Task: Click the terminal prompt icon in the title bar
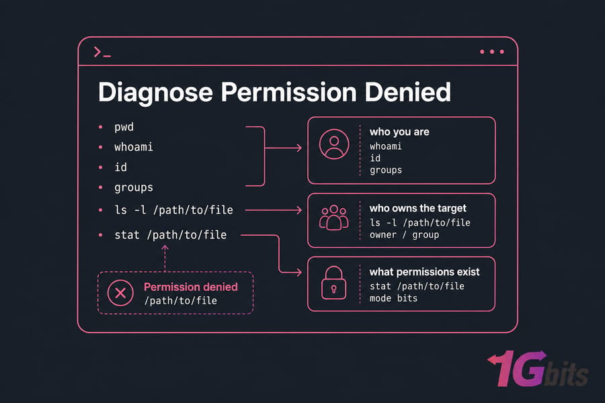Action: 102,52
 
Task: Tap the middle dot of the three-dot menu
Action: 492,52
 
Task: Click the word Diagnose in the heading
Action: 155,93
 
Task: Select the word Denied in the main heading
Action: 407,92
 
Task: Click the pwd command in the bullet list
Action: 124,127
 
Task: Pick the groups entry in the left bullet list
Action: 134,188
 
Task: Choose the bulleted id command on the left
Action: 120,167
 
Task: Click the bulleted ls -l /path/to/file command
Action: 173,210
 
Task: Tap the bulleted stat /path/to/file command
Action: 171,235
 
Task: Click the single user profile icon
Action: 334,144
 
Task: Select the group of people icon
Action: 333,218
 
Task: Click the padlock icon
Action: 333,283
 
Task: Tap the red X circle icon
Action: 120,293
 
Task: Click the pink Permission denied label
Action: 191,287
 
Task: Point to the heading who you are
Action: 399,132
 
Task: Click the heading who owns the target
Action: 418,208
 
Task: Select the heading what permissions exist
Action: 424,272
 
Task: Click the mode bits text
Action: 393,298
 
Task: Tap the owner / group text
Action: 405,235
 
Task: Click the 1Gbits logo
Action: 538,368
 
